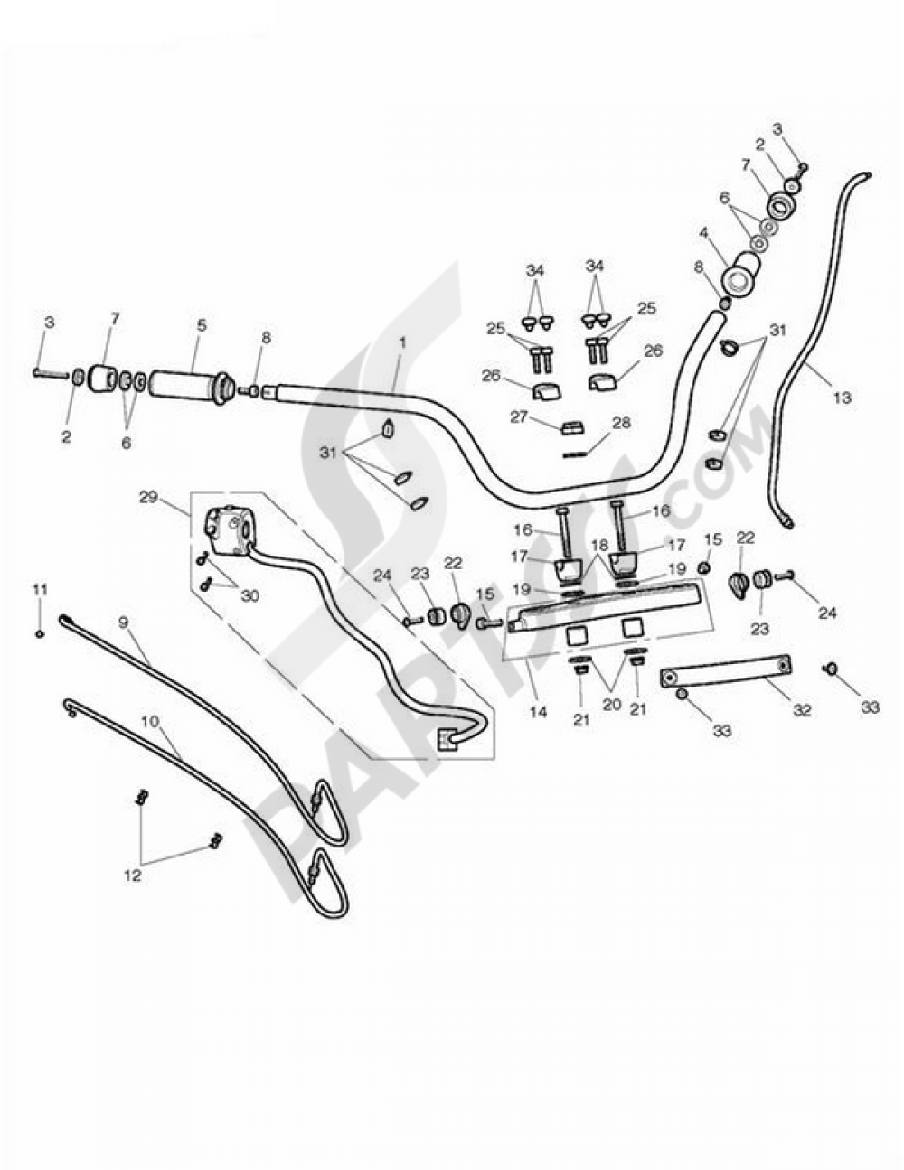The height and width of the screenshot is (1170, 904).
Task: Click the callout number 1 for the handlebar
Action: coord(402,342)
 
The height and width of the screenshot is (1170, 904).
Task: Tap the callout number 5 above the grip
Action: coord(202,326)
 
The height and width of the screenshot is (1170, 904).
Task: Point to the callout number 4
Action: coord(703,233)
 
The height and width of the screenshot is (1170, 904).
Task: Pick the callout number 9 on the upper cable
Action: coord(123,622)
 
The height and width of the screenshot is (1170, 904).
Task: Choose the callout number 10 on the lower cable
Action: coord(151,720)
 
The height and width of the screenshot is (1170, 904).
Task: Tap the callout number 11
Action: coord(40,590)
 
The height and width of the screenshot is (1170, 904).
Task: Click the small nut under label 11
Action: coord(40,633)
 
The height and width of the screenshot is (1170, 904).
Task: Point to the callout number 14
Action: coord(538,712)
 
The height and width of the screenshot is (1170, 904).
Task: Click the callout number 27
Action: coord(519,417)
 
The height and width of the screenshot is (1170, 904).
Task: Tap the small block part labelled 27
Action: coord(572,427)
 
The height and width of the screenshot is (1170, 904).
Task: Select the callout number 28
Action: coord(621,423)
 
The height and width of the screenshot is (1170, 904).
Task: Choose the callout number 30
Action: coord(249,595)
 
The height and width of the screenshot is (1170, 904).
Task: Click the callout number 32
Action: coord(802,711)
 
